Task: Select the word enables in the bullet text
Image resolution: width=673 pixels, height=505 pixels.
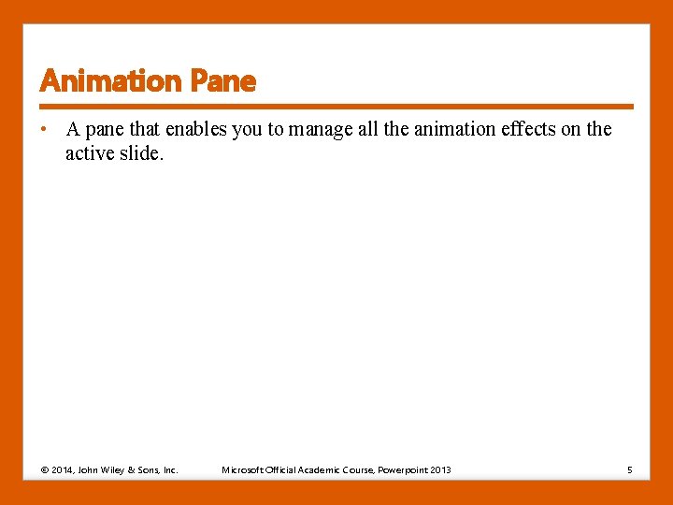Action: click(197, 130)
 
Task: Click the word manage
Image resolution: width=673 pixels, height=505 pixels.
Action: click(320, 130)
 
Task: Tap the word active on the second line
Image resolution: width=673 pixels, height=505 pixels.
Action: click(89, 153)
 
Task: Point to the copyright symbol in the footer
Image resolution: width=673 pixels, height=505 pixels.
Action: click(44, 469)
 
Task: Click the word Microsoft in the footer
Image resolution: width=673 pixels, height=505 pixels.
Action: click(242, 469)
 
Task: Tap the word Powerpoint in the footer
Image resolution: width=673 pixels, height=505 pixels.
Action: click(402, 469)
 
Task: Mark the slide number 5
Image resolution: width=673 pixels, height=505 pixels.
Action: click(629, 469)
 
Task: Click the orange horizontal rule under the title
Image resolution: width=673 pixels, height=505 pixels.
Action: click(336, 107)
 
